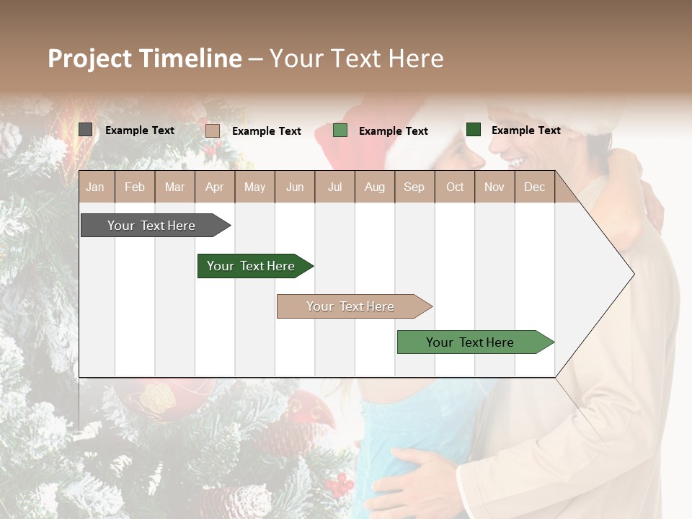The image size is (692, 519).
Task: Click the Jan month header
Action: [x=95, y=187]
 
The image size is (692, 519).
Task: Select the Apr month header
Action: [x=214, y=187]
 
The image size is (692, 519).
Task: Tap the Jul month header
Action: [x=334, y=187]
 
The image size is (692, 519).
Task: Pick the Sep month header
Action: [x=414, y=187]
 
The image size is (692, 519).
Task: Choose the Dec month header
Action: [x=534, y=187]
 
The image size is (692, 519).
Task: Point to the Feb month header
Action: [x=135, y=187]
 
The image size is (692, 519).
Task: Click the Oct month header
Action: [x=455, y=187]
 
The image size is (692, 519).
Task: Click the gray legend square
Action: [x=85, y=130]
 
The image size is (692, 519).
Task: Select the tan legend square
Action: [x=212, y=130]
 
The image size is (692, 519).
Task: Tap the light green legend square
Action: [x=340, y=130]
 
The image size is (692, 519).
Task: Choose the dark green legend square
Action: [x=473, y=130]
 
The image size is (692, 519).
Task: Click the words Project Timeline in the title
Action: [x=144, y=58]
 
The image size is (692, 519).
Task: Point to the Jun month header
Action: [x=295, y=187]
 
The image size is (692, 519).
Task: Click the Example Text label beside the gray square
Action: [x=140, y=130]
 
